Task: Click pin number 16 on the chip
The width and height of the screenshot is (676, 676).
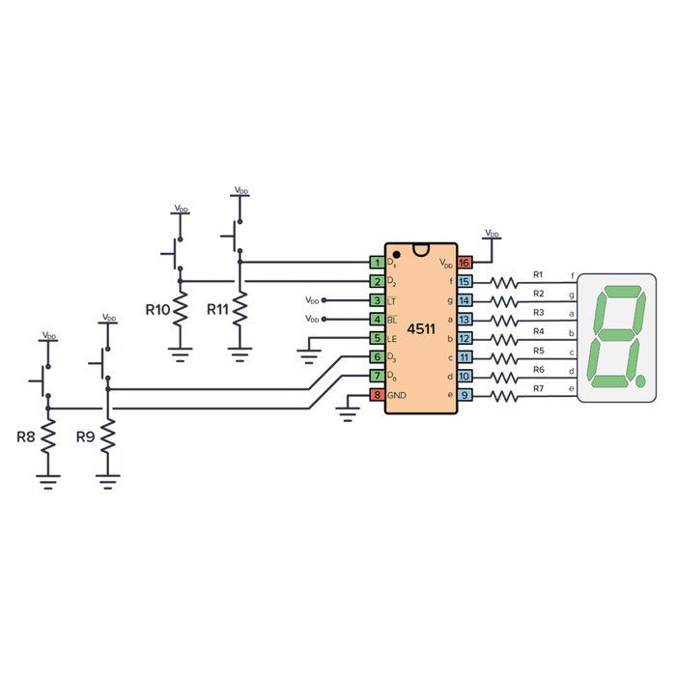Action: click(465, 263)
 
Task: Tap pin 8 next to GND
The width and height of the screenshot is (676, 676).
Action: click(377, 396)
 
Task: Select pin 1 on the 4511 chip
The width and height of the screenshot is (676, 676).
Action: click(377, 263)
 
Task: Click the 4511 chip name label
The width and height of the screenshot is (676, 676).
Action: click(421, 329)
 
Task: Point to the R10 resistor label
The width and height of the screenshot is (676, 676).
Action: click(157, 310)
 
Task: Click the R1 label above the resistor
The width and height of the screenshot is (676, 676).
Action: click(539, 274)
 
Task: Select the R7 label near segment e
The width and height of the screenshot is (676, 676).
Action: click(539, 388)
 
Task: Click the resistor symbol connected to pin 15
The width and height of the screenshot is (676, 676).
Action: click(504, 282)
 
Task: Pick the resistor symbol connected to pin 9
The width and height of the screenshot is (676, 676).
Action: click(504, 396)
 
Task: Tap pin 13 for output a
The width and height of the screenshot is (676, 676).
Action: click(465, 320)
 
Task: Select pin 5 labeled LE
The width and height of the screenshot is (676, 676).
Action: click(377, 339)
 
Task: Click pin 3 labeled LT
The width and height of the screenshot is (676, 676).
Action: click(377, 300)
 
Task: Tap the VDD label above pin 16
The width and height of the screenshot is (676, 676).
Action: click(492, 234)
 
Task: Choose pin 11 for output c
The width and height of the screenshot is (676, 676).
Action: click(465, 357)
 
